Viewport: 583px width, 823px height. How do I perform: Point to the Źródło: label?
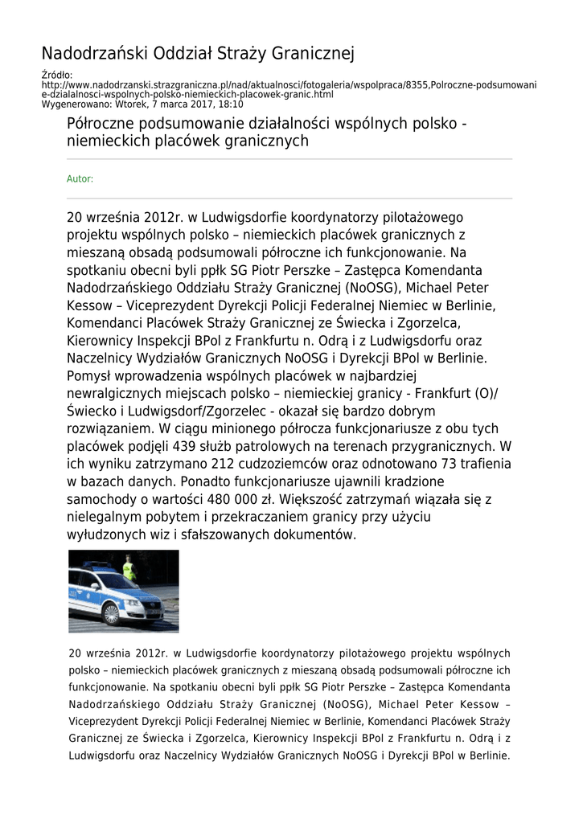56,76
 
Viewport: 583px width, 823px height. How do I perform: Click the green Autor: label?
80,179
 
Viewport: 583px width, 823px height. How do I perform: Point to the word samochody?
101,499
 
